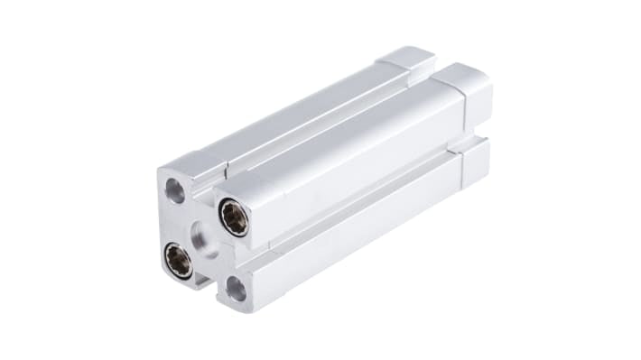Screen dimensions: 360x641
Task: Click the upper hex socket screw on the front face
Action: (x=234, y=217)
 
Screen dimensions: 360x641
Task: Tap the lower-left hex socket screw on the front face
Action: (x=178, y=261)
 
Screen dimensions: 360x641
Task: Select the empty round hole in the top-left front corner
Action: (x=175, y=190)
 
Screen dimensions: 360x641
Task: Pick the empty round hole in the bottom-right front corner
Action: (x=236, y=289)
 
